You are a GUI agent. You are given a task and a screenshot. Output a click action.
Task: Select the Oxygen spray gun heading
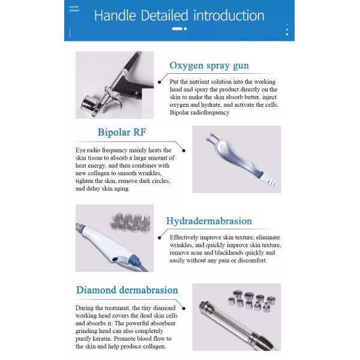pyautogui.click(x=209, y=65)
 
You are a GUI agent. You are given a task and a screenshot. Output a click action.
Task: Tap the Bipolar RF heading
pyautogui.click(x=122, y=133)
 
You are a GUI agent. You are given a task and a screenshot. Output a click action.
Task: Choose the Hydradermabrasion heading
pyautogui.click(x=210, y=221)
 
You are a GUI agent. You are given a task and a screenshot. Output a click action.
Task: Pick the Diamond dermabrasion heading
pyautogui.click(x=127, y=290)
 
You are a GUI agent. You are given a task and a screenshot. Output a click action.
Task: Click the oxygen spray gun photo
pyautogui.click(x=113, y=85)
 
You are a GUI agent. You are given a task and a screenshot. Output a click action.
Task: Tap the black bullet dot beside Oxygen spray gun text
pyautogui.click(x=160, y=81)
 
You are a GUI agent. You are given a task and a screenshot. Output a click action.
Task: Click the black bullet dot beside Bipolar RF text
pyautogui.click(x=184, y=151)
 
